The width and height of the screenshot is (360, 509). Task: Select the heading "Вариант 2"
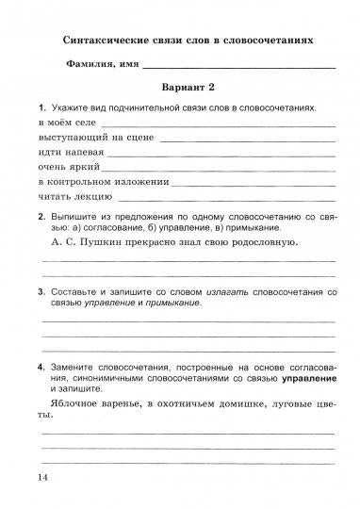pyautogui.click(x=188, y=88)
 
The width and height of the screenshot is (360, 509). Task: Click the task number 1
pyautogui.click(x=42, y=108)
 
